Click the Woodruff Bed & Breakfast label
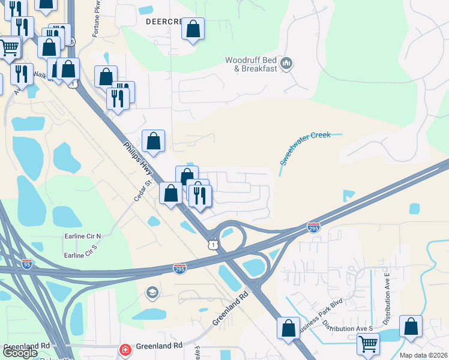(x=251, y=64)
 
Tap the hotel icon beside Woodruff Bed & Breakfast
(x=286, y=64)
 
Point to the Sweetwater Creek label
(x=305, y=148)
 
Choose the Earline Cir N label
(x=83, y=236)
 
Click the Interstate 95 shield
(x=27, y=263)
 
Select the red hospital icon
(x=125, y=349)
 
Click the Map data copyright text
(x=423, y=355)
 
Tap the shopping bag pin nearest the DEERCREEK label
(x=193, y=29)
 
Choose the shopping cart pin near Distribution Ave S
(x=368, y=344)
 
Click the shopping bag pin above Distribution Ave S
(x=411, y=327)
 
